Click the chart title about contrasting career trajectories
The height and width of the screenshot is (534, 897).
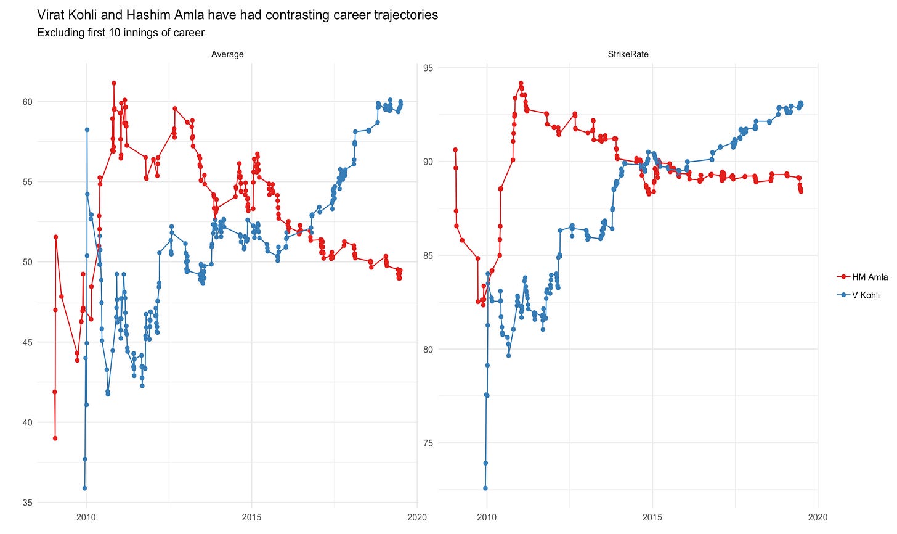coord(238,15)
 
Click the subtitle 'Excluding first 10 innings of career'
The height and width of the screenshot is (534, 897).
coord(121,33)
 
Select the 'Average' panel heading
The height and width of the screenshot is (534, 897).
coord(227,54)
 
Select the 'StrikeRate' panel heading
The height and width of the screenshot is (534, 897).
coord(628,54)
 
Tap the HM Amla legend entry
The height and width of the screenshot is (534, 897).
coord(869,277)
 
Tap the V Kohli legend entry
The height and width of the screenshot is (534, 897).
coord(865,295)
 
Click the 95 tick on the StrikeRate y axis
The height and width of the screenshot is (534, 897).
coord(428,68)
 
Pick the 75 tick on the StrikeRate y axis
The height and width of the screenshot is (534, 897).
coord(428,443)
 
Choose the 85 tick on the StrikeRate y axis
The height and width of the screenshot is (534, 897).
coord(428,256)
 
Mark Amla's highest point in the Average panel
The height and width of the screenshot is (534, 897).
coord(114,83)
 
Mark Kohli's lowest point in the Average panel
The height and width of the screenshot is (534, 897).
coord(84,488)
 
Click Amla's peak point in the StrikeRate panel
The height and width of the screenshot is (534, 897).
coord(521,83)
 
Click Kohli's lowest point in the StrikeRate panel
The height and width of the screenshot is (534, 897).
coord(485,488)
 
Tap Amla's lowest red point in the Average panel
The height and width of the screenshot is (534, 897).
coord(55,438)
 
